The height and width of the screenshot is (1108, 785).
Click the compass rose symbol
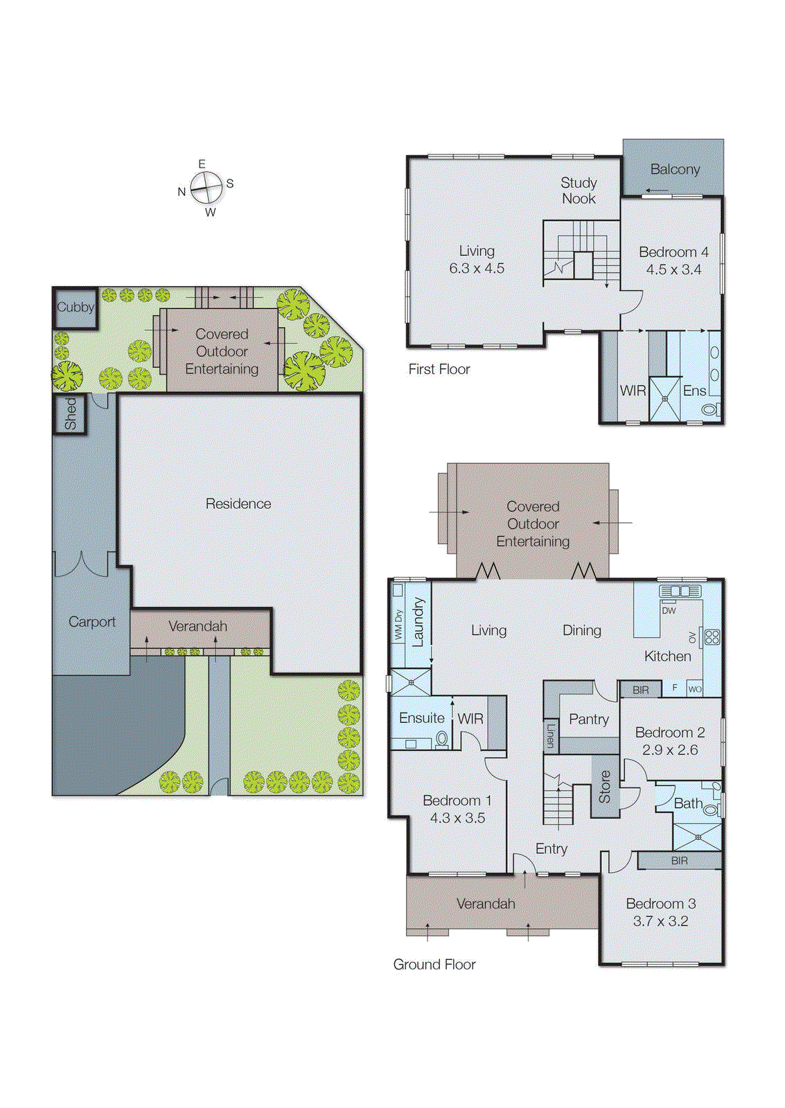click(206, 188)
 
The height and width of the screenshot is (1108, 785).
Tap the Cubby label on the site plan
click(75, 307)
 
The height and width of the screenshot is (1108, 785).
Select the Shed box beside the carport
click(70, 413)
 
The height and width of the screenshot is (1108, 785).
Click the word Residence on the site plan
click(238, 504)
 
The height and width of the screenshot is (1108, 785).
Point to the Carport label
click(91, 622)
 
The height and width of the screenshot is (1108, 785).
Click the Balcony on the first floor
click(674, 170)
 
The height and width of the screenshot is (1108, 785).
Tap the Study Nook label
click(579, 191)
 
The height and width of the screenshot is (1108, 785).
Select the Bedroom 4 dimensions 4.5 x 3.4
click(673, 270)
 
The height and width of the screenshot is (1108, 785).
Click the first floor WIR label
click(633, 391)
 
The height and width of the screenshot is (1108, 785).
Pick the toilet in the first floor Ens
click(709, 410)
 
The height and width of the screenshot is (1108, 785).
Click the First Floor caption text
click(439, 370)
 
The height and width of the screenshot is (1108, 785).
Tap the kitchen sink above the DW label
click(680, 591)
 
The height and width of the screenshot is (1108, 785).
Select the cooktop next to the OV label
click(712, 637)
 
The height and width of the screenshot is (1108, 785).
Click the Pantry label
click(588, 720)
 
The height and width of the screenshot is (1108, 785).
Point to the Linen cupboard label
click(551, 735)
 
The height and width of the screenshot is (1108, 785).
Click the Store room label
click(604, 787)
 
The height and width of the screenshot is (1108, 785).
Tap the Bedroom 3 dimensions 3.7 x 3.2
click(660, 922)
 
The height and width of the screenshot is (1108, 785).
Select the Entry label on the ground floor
click(551, 849)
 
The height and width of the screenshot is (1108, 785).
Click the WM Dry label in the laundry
click(398, 625)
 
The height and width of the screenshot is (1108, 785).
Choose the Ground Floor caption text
click(434, 965)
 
